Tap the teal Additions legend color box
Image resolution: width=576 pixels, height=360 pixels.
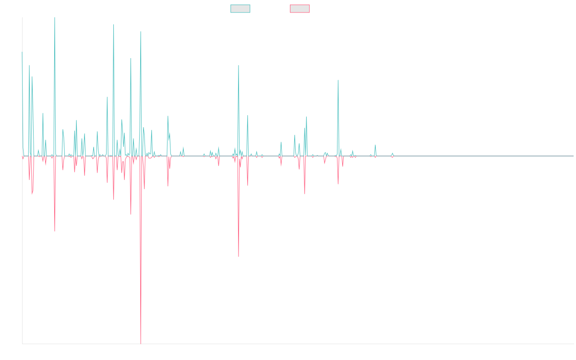click(x=240, y=9)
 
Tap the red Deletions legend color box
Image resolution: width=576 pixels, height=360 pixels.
click(x=300, y=9)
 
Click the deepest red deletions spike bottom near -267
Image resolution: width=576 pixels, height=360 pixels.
click(x=141, y=343)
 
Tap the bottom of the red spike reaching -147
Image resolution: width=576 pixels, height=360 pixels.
click(x=239, y=256)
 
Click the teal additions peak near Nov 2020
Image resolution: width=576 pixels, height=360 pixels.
click(x=338, y=81)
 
